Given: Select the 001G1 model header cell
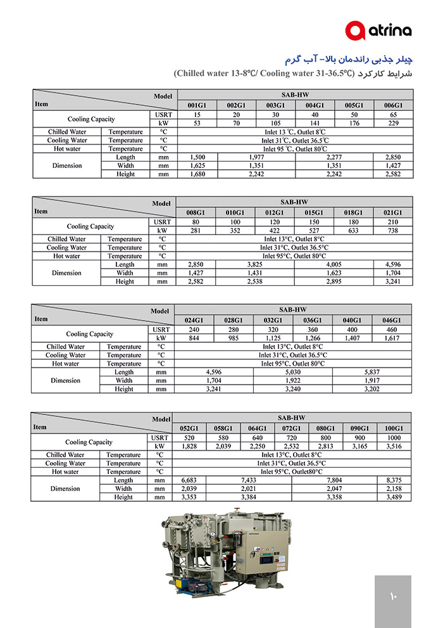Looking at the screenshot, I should pos(197,105).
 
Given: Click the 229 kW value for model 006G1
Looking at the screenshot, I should pos(392,123).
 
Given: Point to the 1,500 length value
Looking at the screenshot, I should pos(197,157).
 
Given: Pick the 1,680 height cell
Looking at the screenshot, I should pos(197,174).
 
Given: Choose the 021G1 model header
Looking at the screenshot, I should pos(392,213).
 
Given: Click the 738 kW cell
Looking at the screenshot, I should pos(392,231).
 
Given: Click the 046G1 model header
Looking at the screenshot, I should pos(392,321).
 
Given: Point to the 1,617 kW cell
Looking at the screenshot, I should pos(392,338).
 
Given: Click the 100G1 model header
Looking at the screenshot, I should pos(394,428).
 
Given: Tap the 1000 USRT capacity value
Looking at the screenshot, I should pos(394,438).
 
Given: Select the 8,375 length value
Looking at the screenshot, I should pos(394,480).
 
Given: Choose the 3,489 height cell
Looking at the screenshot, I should pos(394,497).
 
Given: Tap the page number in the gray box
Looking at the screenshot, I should pos(392,596).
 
